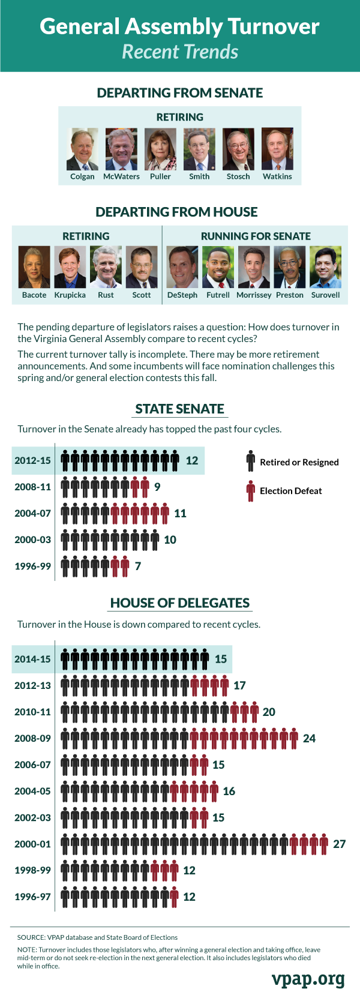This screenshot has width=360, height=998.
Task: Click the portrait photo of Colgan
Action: pos(82,149)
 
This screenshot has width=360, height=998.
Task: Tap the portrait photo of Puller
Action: pos(160,149)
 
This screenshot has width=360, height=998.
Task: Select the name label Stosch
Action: pos(238,176)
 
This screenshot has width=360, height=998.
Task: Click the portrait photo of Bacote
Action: pos(34,267)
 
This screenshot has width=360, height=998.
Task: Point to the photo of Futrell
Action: pos(218,267)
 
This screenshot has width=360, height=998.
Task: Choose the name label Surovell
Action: pos(326,295)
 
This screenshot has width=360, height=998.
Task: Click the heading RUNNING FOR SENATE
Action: pos(256,236)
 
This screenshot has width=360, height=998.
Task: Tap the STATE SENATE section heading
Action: pos(179,409)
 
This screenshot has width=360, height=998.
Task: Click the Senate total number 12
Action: pos(192,461)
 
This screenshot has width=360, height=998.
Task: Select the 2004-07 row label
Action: pos(33,514)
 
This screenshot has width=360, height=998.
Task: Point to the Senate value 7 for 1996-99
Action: pos(138,566)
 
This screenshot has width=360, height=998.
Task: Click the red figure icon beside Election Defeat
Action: pos(251,491)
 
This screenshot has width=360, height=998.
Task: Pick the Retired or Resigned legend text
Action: pos(299,462)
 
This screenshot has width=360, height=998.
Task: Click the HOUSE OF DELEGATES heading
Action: pos(179,604)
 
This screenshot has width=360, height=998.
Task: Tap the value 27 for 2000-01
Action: pos(340,844)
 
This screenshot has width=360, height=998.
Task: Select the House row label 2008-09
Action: pos(33,739)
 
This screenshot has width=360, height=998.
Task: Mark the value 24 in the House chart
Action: pos(310,739)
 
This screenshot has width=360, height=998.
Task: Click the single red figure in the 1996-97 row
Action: pos(174,897)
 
